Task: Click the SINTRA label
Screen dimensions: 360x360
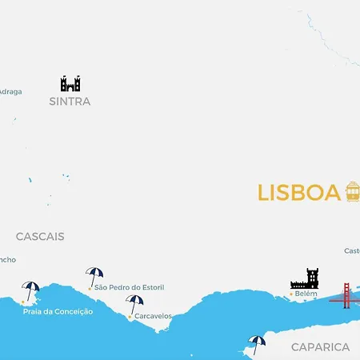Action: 70,102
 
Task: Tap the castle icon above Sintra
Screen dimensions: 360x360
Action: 70,83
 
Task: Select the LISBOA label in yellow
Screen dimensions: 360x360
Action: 298,194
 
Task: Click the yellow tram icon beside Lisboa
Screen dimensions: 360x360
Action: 352,191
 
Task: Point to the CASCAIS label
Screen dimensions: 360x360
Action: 40,237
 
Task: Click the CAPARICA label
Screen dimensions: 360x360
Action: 320,347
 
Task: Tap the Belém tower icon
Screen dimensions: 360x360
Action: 305,278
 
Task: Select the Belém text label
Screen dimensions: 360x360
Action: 306,294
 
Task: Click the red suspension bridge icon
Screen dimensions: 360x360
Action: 346,295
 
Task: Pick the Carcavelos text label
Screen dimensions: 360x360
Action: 153,316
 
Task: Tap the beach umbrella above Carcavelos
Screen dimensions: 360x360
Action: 134,304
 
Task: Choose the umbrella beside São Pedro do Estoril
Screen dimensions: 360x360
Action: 94,276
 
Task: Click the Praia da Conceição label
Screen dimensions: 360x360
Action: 58,311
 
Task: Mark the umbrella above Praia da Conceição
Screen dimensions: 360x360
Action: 31,290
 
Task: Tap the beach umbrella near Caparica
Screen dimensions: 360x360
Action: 257,343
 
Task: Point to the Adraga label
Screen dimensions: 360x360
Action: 10,91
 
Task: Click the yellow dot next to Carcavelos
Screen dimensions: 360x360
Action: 130,317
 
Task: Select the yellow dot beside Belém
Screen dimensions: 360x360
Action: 291,294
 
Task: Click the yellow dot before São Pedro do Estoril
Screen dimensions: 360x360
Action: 90,287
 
